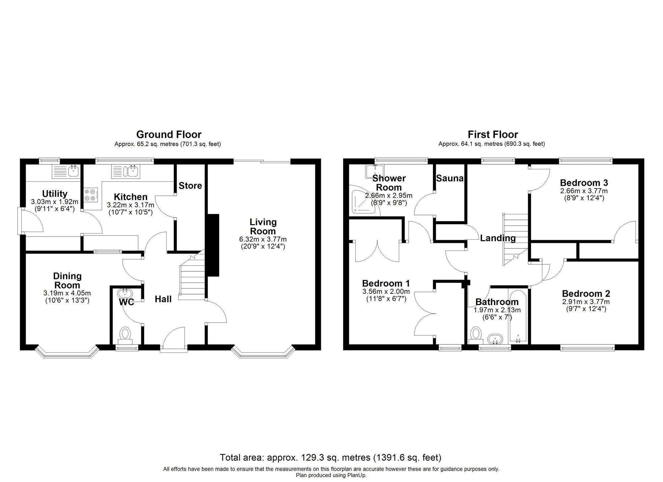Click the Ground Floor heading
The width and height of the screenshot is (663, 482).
point(169,134)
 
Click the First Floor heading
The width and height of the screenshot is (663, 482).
point(493,134)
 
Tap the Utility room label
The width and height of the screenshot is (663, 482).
point(55,194)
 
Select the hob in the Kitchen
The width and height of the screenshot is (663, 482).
point(91,195)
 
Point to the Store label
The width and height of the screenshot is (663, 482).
point(190,186)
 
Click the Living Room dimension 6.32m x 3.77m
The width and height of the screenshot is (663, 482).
point(263,239)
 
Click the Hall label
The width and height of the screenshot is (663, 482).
point(163,299)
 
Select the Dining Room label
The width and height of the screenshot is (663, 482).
point(67,281)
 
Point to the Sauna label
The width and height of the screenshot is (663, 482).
point(450,179)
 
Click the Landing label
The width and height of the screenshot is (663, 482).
point(498,238)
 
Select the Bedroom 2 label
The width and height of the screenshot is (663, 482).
point(586,294)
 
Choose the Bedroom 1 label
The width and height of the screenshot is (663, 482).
point(386,283)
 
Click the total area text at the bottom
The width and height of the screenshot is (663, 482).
point(331,457)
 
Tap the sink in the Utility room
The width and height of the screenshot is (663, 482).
point(73,171)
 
